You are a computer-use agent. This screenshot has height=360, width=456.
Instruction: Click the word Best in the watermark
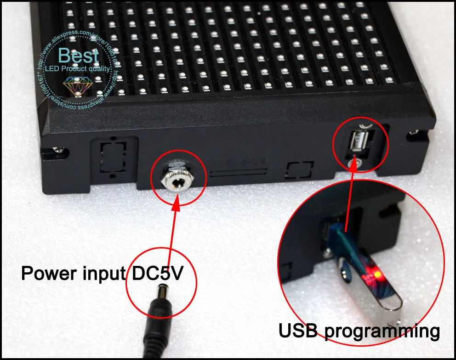pos(79,56)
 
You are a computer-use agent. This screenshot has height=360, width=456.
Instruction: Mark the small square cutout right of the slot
pos(300,169)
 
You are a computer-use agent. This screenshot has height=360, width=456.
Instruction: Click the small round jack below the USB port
pos(354,162)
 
